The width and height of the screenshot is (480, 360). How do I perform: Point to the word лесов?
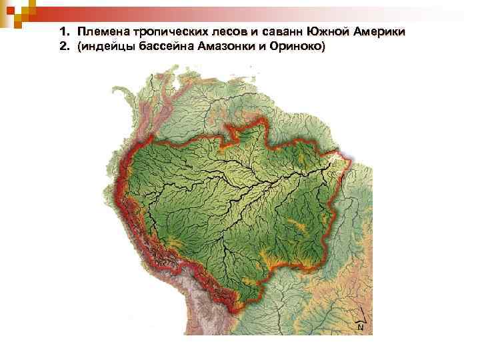[x=231, y=32]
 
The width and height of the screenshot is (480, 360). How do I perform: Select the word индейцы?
[x=108, y=47]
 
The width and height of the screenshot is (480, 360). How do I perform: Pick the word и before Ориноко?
[x=269, y=47]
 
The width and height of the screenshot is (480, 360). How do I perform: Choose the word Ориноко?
[x=299, y=47]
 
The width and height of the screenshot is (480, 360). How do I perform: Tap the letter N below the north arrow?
[x=361, y=327]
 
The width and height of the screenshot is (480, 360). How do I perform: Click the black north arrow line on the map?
[x=361, y=315]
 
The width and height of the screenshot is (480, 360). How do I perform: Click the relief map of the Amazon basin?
[x=247, y=200]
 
